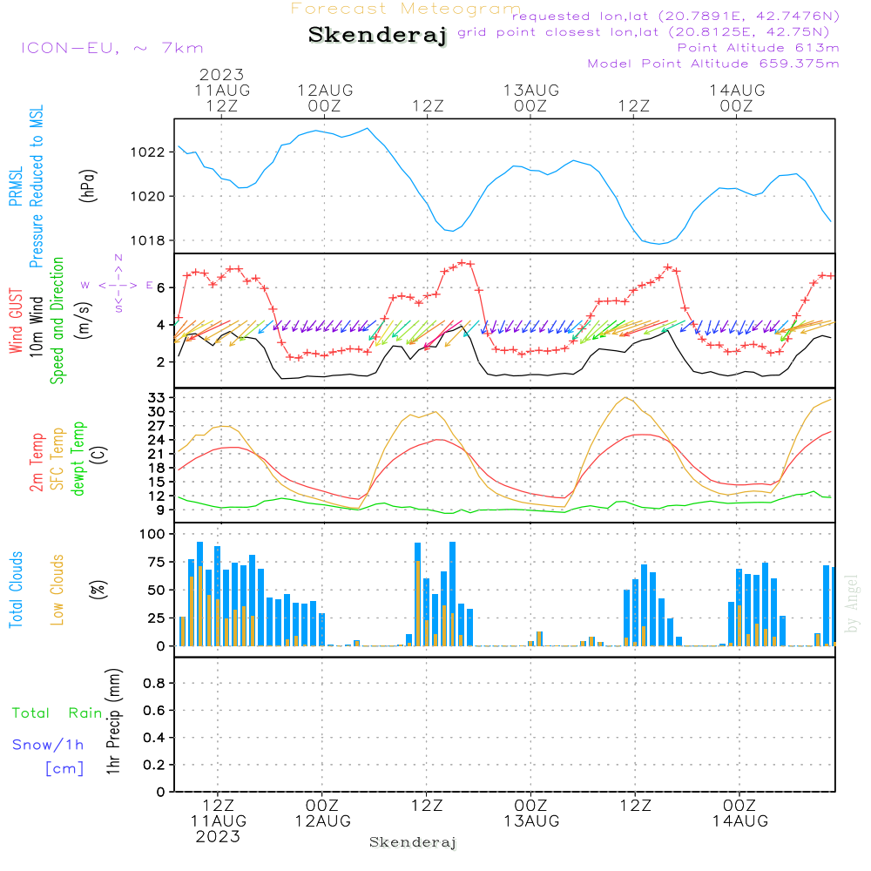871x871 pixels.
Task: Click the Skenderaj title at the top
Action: [x=377, y=36]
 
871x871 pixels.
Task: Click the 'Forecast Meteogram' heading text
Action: [x=406, y=9]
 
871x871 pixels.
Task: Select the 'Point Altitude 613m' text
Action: [x=758, y=47]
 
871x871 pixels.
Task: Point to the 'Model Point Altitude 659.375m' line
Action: [x=713, y=63]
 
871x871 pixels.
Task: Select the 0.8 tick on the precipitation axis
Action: [x=153, y=683]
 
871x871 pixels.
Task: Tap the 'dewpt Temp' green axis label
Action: [x=79, y=459]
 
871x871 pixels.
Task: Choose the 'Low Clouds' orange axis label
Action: [x=57, y=589]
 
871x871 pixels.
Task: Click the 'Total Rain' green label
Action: [x=57, y=713]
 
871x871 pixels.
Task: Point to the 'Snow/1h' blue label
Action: [x=49, y=745]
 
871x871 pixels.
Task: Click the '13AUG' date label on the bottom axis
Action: [x=531, y=820]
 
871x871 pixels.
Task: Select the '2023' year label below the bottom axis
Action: [x=218, y=836]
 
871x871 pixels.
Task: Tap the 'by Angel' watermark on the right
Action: [x=852, y=603]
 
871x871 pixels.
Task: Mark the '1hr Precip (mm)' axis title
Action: [x=113, y=723]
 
